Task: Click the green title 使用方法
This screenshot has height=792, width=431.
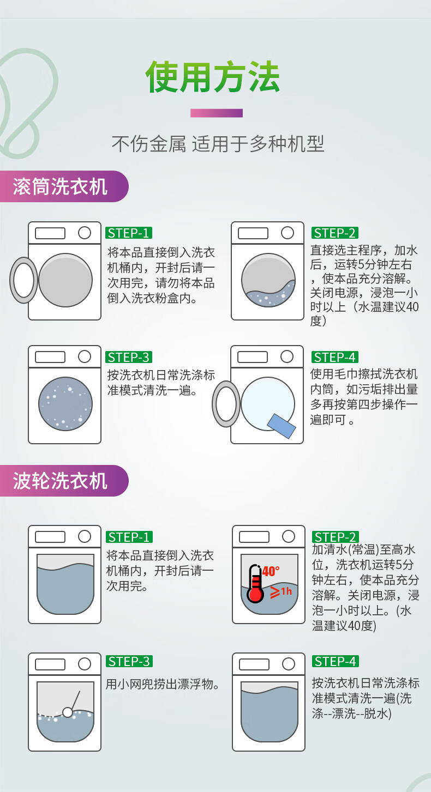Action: pos(213,77)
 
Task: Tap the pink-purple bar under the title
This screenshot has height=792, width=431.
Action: pos(217,113)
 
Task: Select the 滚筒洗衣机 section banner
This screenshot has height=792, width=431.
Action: pos(64,186)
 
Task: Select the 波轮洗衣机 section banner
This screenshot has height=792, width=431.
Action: pos(64,481)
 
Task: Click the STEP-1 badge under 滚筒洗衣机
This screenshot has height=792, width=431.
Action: pos(129,233)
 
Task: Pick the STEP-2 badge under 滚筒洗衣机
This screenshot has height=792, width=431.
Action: pos(335,233)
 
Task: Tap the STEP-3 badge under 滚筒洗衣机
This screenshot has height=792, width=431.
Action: pos(129,357)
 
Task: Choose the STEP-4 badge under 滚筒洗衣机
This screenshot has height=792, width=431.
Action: pos(335,357)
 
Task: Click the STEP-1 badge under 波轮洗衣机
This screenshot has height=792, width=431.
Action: pos(129,537)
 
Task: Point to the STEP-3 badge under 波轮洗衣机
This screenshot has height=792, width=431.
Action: pos(129,661)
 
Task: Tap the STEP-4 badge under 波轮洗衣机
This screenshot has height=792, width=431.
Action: pos(336,661)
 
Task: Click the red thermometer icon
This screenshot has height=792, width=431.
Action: pos(255,583)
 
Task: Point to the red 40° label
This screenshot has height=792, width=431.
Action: pos(271,571)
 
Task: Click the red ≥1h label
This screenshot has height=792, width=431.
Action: pos(281,591)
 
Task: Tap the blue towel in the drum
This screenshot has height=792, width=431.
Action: pos(282,426)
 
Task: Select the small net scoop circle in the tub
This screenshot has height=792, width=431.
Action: pos(68,712)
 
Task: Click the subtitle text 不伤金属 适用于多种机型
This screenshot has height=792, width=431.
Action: pos(218,144)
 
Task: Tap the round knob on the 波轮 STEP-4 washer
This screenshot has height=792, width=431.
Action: pos(289,664)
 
